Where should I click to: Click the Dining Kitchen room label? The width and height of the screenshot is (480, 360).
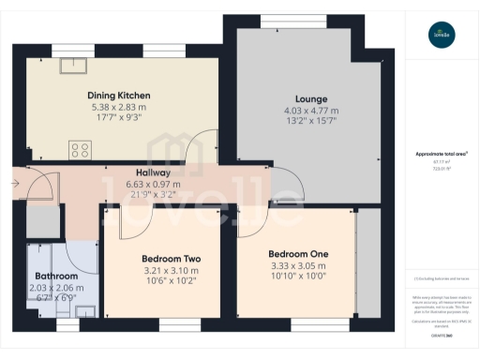click(x=119, y=96)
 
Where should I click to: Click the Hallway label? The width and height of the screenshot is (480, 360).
click(x=153, y=172)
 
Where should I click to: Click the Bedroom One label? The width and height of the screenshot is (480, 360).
click(x=298, y=254)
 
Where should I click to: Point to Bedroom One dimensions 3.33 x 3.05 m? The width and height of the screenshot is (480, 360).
click(x=298, y=265)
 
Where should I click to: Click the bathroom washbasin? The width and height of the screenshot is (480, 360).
click(x=84, y=312)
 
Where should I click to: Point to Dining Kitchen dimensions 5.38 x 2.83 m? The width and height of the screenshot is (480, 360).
click(x=119, y=108)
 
